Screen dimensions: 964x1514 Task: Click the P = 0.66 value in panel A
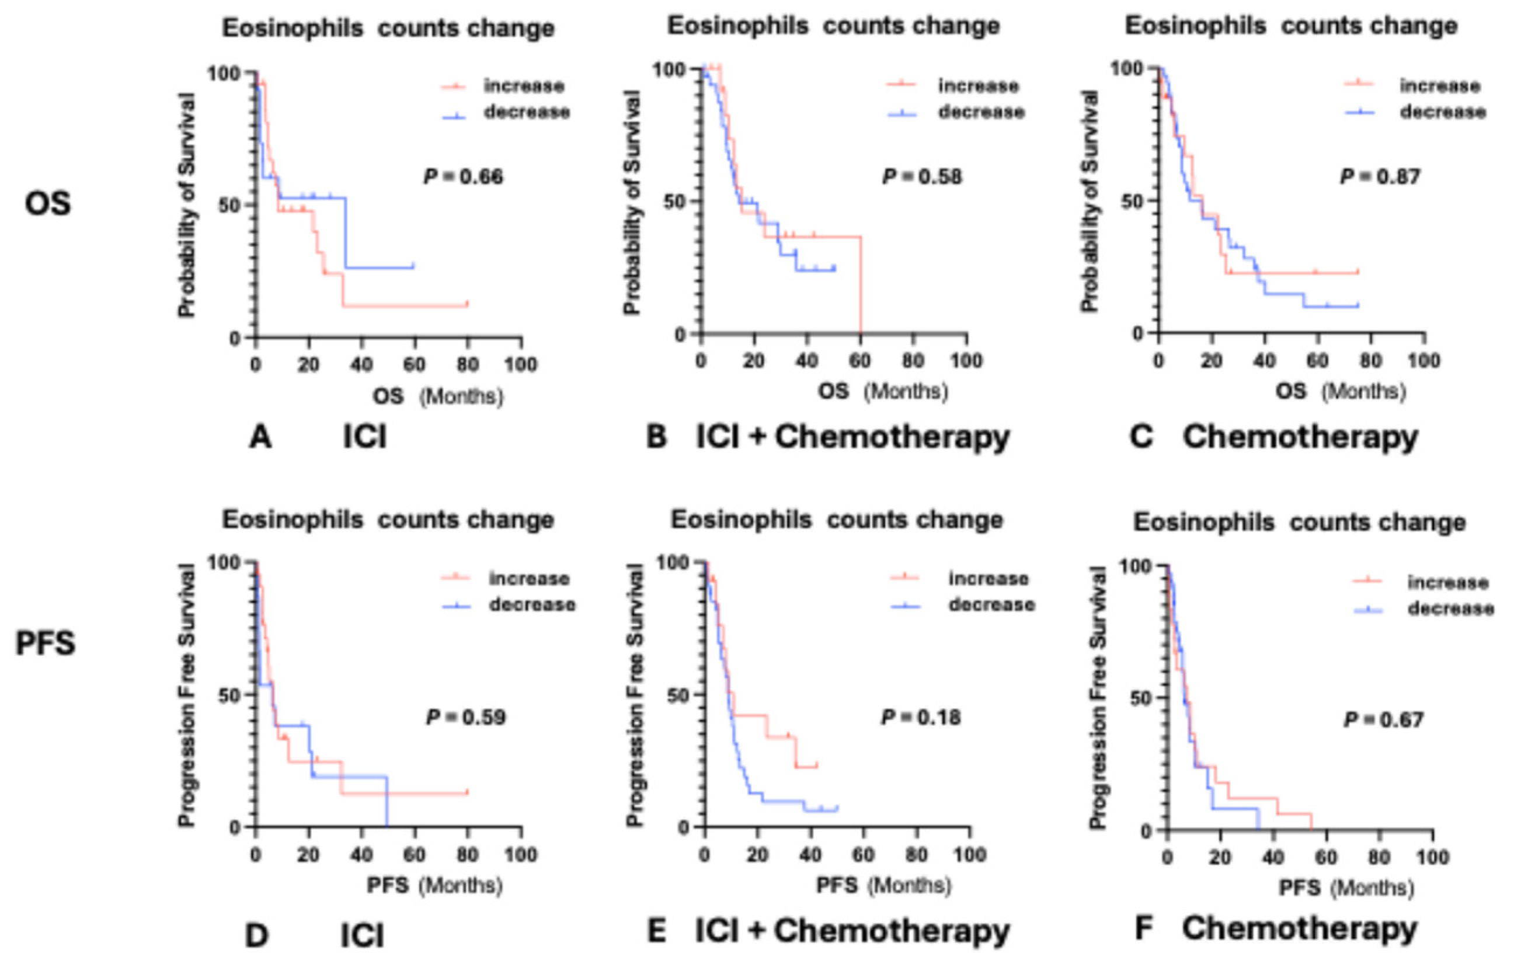[x=464, y=177]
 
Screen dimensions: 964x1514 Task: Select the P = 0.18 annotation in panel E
[x=921, y=717]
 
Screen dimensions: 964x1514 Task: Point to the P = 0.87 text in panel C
[x=1380, y=177]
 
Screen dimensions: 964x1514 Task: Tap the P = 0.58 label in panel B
[x=923, y=177]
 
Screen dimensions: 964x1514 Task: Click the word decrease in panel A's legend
[x=527, y=113]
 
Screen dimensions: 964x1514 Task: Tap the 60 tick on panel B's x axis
[x=860, y=360]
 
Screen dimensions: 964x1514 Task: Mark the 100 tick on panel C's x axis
[x=1423, y=360]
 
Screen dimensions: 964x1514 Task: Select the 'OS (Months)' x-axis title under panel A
[x=438, y=396]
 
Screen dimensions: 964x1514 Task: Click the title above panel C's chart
[x=1291, y=26]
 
